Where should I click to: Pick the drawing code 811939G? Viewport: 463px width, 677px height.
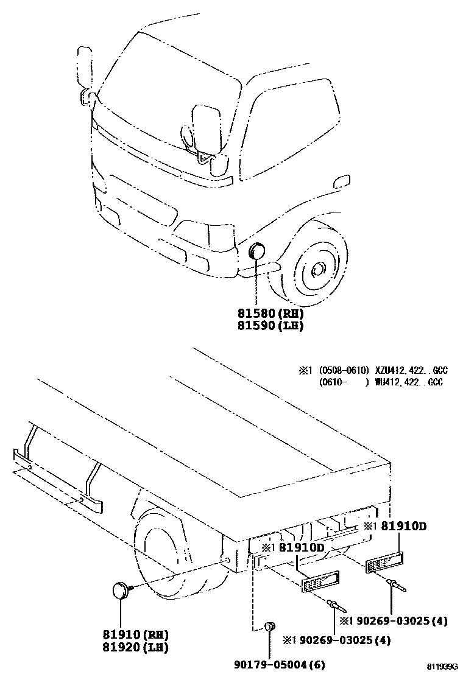(441, 668)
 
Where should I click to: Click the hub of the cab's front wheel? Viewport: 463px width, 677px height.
(317, 268)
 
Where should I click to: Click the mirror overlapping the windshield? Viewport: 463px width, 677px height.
(208, 129)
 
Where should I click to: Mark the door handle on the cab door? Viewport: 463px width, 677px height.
(342, 180)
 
